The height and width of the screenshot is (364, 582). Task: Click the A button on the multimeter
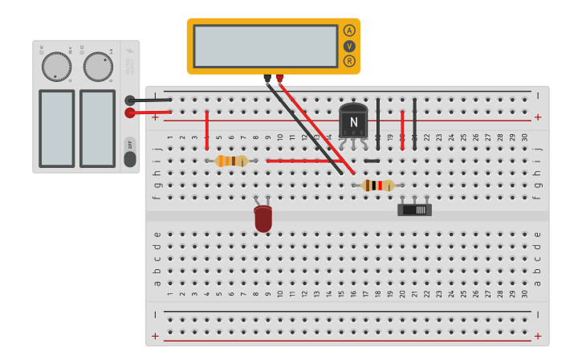coord(349,31)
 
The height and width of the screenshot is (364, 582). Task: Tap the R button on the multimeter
coord(349,61)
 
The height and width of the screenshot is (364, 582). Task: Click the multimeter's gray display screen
coord(265,46)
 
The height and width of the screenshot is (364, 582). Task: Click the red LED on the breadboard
coord(263,219)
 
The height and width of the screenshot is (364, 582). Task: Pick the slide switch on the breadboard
coord(414,210)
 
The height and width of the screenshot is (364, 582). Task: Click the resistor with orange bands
coord(231,161)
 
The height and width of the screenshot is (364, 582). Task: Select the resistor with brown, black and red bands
coord(378,186)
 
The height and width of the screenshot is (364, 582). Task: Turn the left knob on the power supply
coord(56,67)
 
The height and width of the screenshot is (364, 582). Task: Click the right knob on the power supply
coord(98,67)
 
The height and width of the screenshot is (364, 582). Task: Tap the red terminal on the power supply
coord(130,113)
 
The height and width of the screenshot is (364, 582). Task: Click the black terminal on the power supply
coord(130,100)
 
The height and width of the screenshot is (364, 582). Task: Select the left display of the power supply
coord(56,128)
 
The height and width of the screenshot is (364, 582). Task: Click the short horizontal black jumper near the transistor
coord(372,161)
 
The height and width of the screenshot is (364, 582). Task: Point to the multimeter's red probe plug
coord(279,79)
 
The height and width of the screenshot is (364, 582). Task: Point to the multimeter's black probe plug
coord(267,79)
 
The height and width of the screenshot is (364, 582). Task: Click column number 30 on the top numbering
coord(525,137)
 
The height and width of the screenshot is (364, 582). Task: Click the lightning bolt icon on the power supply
coord(130,50)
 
